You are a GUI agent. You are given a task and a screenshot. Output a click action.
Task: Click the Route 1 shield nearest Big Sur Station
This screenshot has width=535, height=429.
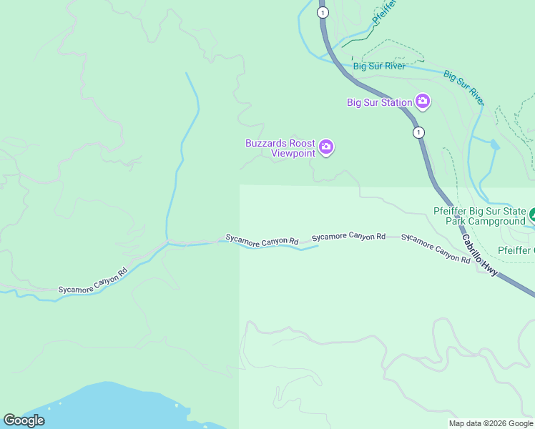click(418, 132)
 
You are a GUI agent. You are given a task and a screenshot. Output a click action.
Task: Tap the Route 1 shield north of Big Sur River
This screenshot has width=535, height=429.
click(323, 13)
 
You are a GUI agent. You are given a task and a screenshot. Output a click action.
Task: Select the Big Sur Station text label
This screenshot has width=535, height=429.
click(379, 102)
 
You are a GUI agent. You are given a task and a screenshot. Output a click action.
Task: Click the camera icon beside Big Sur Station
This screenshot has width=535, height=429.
click(423, 101)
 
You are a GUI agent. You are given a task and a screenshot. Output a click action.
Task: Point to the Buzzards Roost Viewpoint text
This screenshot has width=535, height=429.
click(280, 148)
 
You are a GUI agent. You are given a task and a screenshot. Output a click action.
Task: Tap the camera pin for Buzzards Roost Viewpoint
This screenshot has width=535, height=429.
click(326, 147)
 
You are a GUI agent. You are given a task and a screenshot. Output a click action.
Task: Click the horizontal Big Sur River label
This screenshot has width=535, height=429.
click(379, 66)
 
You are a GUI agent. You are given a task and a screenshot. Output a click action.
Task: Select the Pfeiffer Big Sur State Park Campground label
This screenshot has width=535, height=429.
click(479, 216)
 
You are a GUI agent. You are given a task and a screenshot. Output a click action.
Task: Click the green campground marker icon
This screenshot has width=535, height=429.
click(532, 214)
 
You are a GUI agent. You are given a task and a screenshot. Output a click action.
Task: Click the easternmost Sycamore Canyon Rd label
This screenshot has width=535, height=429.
click(436, 247)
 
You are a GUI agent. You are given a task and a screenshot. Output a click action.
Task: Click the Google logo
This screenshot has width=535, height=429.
click(24, 420)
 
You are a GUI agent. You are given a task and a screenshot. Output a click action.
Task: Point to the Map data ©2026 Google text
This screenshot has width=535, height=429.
click(491, 423)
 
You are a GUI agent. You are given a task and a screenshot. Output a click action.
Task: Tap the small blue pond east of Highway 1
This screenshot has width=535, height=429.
click(494, 144)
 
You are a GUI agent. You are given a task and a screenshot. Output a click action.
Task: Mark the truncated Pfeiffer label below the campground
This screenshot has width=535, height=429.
click(515, 250)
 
